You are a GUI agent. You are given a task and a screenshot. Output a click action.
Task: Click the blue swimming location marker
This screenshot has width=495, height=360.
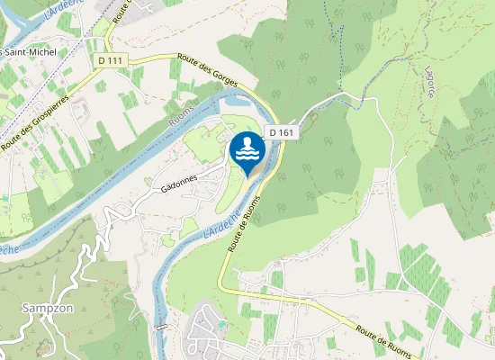pos(247,153)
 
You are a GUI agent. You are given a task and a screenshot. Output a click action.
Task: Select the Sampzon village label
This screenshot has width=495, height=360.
pos(40,308)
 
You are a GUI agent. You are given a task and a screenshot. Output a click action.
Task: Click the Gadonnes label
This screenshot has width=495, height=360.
pos(178,184)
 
